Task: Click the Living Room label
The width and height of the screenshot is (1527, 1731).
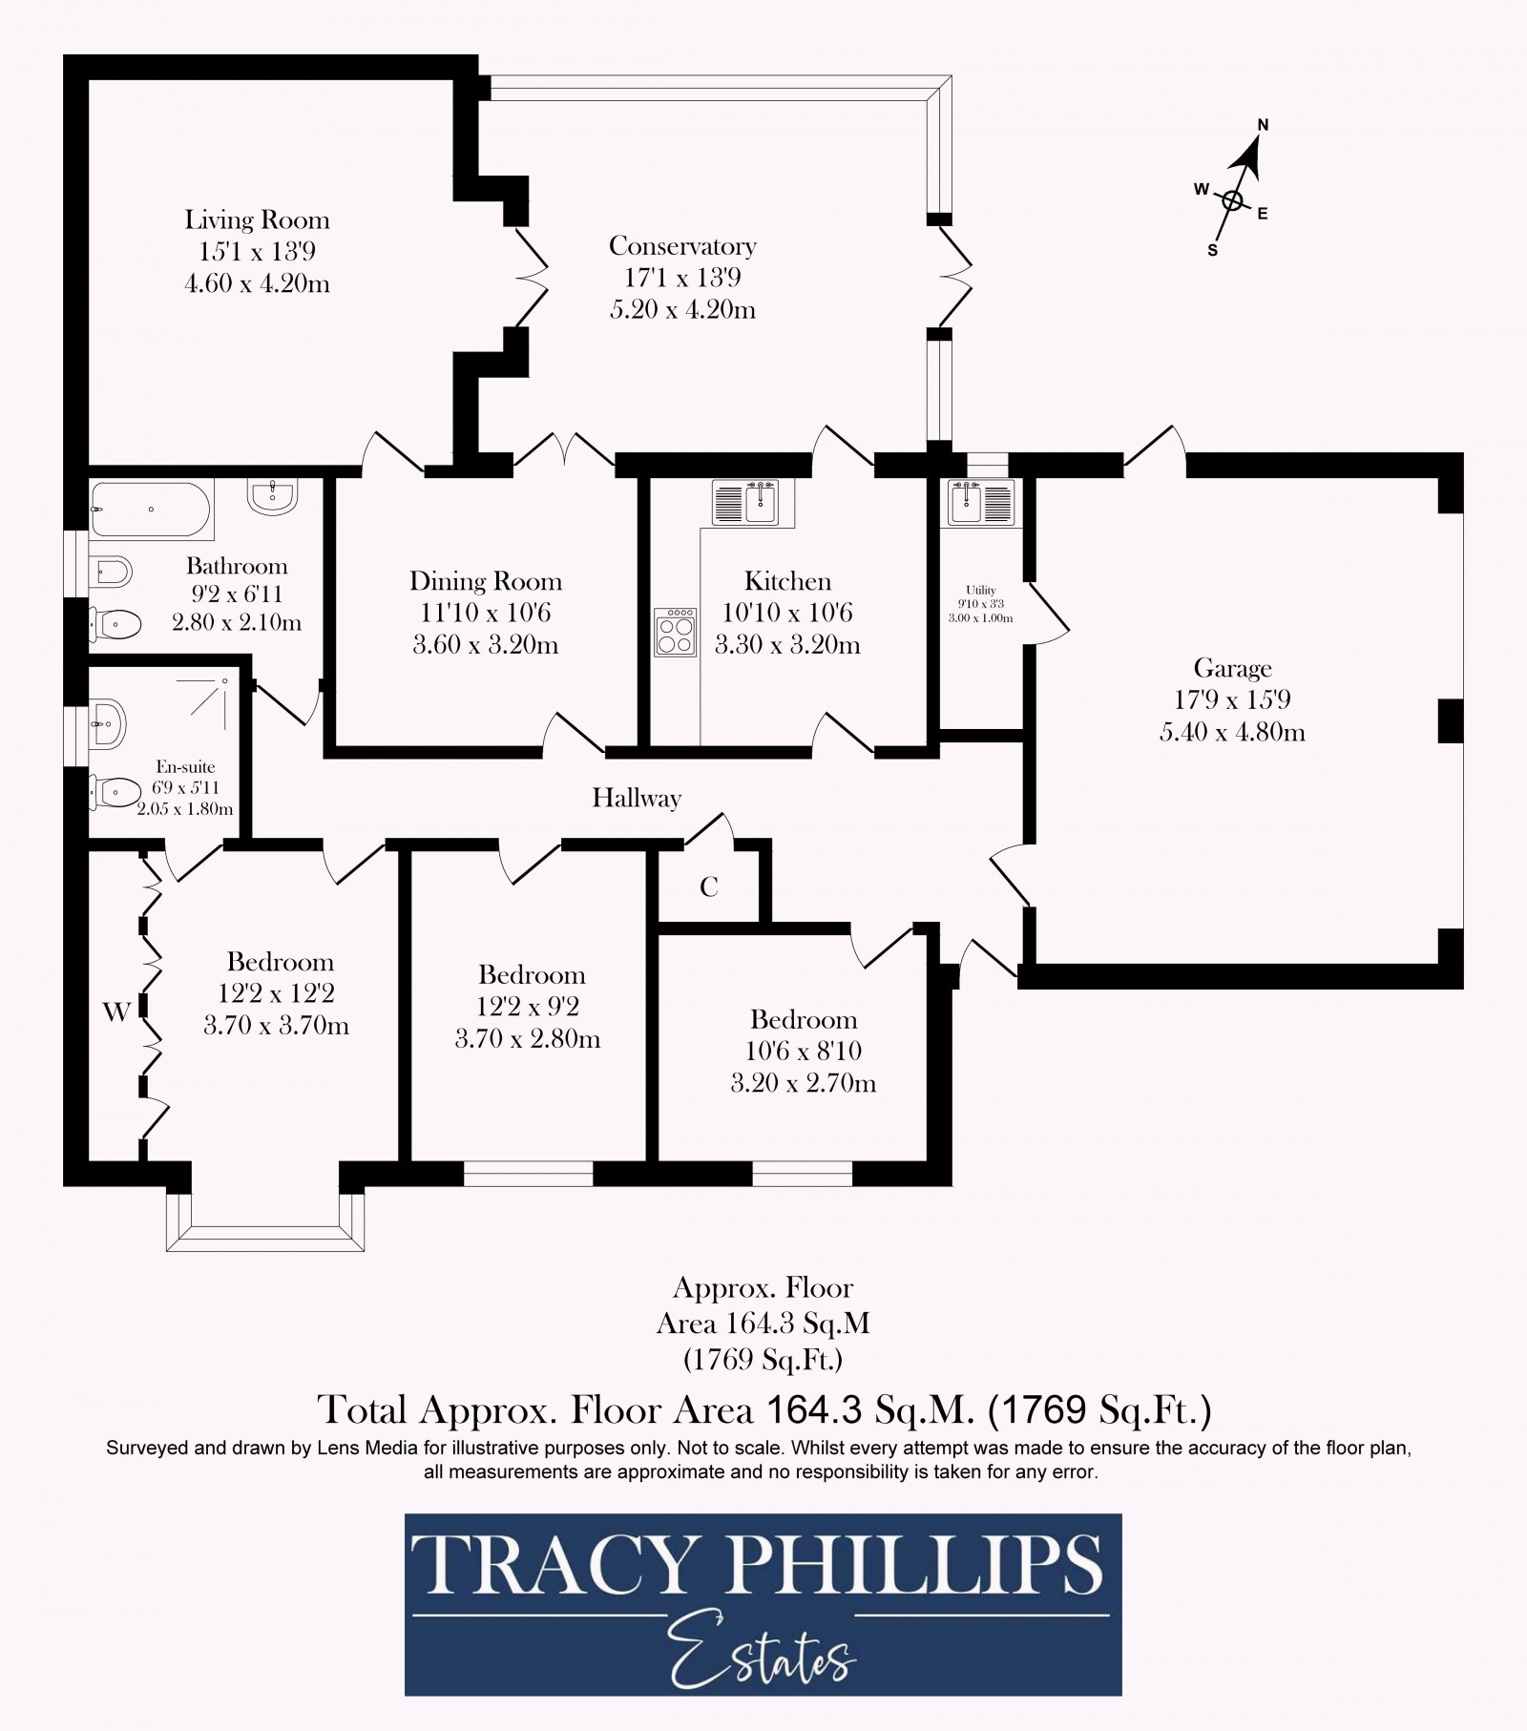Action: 257,220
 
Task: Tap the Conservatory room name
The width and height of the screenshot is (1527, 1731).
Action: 682,246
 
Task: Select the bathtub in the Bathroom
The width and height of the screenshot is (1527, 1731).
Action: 150,509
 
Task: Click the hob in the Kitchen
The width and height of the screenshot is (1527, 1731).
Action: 676,632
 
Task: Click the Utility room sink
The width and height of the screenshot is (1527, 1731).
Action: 980,503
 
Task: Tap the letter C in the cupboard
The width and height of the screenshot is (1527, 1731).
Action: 708,887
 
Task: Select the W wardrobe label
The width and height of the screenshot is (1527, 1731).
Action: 116,1012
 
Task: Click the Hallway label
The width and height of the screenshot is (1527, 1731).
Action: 637,798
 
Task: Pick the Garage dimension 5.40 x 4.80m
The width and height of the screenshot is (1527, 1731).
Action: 1232,732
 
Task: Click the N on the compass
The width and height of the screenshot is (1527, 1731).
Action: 1263,124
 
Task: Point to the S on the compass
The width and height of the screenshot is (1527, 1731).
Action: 1212,251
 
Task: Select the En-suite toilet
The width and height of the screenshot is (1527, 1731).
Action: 115,791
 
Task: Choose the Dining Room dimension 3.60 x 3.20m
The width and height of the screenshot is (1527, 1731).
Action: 485,645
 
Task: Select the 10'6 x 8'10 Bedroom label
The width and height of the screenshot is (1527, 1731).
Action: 803,1020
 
